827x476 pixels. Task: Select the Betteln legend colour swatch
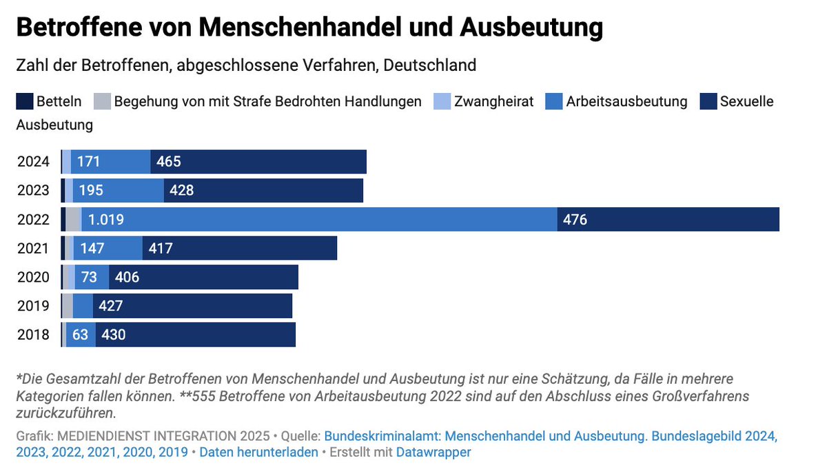24,102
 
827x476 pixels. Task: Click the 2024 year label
33,162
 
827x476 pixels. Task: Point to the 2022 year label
33,220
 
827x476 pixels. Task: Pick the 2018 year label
33,335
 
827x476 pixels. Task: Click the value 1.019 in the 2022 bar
106,220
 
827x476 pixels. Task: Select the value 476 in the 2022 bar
575,220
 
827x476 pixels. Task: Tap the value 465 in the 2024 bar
169,162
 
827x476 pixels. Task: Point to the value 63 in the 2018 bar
81,335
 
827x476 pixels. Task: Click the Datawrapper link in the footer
433,453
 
